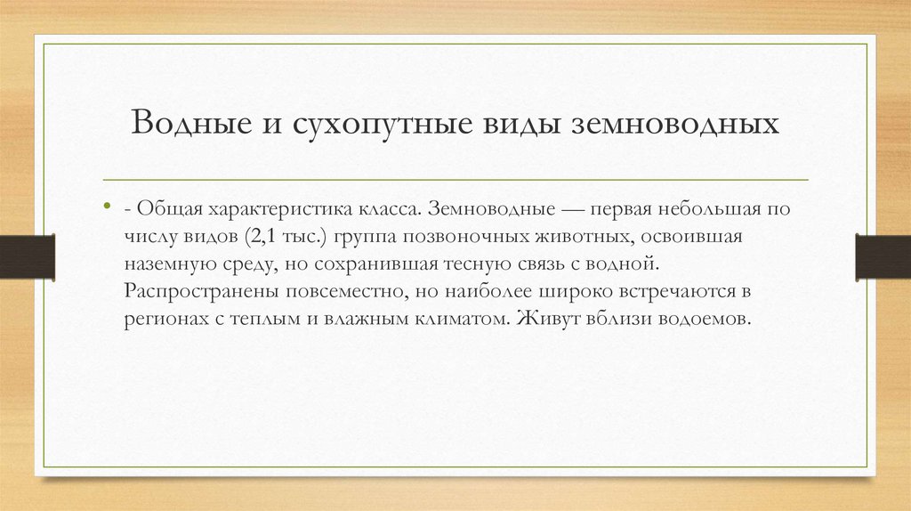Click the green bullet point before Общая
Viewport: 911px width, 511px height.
coord(108,208)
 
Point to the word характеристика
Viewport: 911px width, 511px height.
coord(273,208)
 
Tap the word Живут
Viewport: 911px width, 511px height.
coord(540,319)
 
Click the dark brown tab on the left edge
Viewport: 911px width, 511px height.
coord(28,255)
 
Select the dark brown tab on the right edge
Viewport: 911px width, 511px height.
coord(883,255)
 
